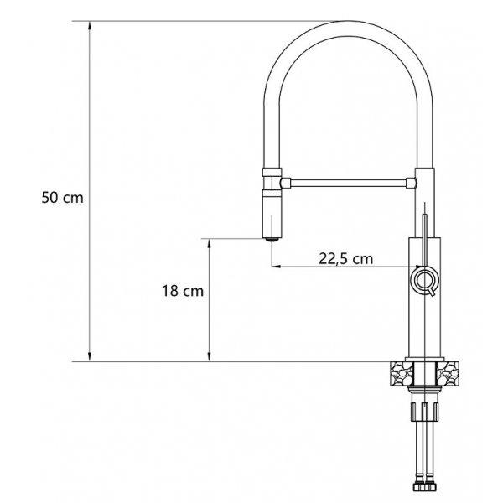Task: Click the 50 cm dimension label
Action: pyautogui.click(x=63, y=197)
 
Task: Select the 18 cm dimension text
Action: pyautogui.click(x=183, y=291)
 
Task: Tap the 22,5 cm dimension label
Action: pyautogui.click(x=345, y=258)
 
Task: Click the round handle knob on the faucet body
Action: pyautogui.click(x=424, y=280)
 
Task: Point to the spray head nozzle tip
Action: pyautogui.click(x=272, y=239)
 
